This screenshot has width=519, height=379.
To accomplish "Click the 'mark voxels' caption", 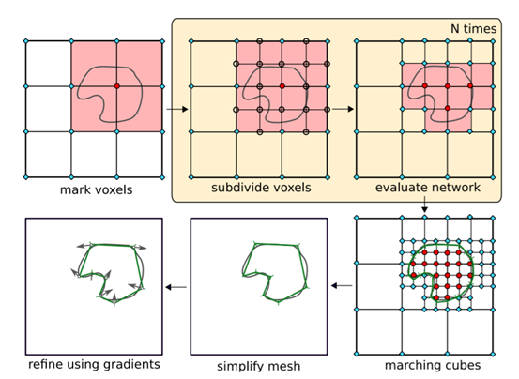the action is [x=96, y=189].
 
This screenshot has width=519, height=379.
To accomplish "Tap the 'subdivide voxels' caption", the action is [x=261, y=188].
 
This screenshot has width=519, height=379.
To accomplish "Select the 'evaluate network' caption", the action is [x=428, y=188].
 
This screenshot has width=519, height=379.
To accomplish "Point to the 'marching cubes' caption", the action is [x=433, y=366].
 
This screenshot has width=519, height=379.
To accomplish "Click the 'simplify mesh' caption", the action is [x=259, y=367].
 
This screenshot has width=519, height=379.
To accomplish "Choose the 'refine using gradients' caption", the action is [x=94, y=364].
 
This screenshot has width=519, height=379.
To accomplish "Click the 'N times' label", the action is [x=474, y=29].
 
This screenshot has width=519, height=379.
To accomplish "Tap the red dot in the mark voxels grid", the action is [x=116, y=86].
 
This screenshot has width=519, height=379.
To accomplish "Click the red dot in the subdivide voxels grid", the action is [x=282, y=86].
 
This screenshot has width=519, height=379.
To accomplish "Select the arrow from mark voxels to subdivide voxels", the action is [x=177, y=109].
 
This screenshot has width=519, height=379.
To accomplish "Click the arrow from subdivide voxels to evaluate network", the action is [x=343, y=109].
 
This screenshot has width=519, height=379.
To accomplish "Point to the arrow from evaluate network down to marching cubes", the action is [x=424, y=205].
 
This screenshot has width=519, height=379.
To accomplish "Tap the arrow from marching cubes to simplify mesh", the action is [x=342, y=285].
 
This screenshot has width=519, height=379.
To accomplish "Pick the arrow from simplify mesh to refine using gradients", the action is [x=176, y=287].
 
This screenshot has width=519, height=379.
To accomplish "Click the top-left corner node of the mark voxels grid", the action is [x=26, y=41].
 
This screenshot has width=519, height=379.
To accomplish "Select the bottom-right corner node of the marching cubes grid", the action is [x=493, y=355].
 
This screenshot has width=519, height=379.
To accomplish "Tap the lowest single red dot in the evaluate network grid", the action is [x=448, y=108].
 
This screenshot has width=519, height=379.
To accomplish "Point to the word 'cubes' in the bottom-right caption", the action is [x=464, y=366].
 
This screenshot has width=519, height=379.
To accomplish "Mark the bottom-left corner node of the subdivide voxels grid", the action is [x=191, y=177].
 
